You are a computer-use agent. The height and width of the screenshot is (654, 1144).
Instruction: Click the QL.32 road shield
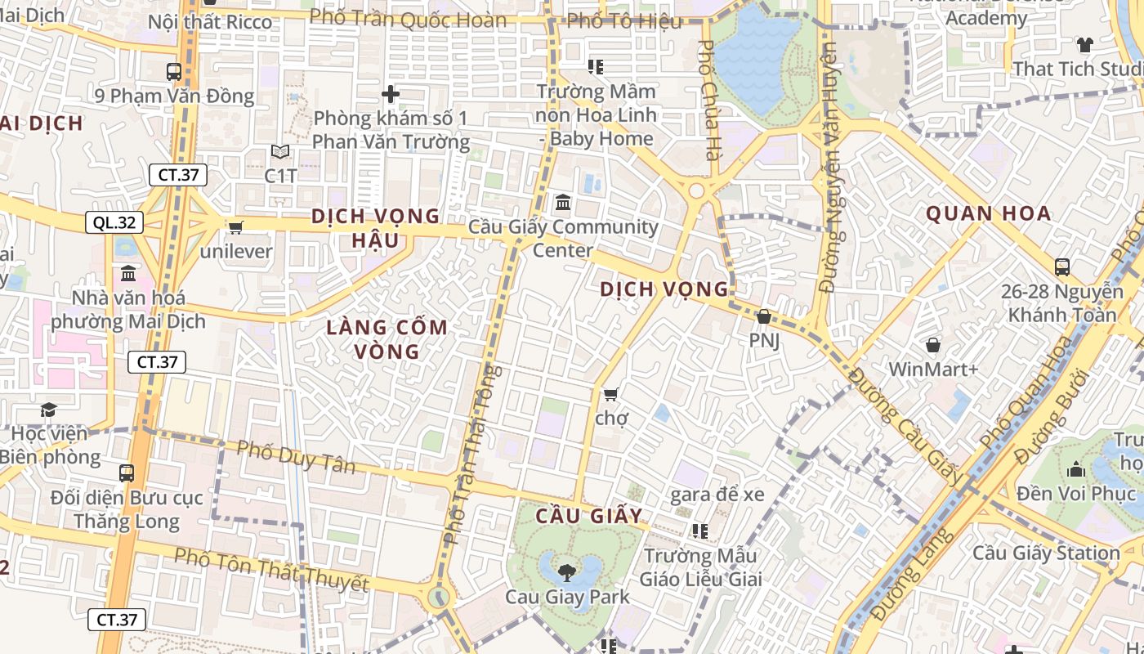[x=114, y=222]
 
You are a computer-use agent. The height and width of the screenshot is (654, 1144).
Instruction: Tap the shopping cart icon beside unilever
[x=236, y=227]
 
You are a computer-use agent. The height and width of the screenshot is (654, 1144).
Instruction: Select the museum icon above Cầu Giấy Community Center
[x=562, y=202]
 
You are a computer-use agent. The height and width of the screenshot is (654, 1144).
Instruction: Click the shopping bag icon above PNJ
[x=764, y=316]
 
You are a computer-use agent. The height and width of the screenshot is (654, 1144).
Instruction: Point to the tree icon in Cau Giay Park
[x=566, y=571]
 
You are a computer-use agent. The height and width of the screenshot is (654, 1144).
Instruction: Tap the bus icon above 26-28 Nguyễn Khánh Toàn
[x=1062, y=267]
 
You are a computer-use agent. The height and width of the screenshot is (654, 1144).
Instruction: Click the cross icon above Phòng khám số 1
[x=391, y=94]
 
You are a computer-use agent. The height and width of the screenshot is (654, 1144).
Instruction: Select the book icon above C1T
[x=280, y=152]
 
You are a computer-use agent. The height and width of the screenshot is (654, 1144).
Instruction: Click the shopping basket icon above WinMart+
[x=932, y=346]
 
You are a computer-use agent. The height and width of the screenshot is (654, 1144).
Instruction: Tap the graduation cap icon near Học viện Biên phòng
[x=49, y=409]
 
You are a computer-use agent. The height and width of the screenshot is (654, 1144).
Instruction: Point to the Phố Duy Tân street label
[x=296, y=457]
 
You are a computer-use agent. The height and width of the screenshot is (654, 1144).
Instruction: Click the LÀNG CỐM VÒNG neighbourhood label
[x=387, y=339]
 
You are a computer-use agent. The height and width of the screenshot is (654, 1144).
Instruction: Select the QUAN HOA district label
[x=988, y=214]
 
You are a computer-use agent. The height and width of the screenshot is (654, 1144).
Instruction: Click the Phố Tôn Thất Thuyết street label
[x=271, y=570]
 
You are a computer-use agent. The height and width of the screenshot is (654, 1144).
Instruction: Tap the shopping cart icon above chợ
[x=610, y=395]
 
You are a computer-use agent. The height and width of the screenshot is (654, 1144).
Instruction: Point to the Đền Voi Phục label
[x=1076, y=494]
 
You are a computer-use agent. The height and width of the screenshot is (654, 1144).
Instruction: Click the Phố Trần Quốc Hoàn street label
[x=408, y=18]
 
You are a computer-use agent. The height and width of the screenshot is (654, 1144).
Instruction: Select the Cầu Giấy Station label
[x=1046, y=553]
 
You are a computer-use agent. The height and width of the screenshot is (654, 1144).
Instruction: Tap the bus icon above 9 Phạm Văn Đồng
[x=174, y=71]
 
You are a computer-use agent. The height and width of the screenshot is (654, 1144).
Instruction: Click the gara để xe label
[x=717, y=495]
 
